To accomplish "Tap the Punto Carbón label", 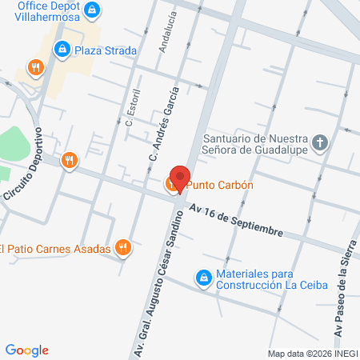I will click(220, 186).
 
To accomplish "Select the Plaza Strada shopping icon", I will click(62, 50).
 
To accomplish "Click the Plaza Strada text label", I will click(106, 50).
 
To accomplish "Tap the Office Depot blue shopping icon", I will click(92, 10).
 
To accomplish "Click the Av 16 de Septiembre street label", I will click(237, 221).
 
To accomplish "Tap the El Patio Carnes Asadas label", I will click(54, 248).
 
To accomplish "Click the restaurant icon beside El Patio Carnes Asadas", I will click(122, 248).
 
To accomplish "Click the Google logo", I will click(27, 350).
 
